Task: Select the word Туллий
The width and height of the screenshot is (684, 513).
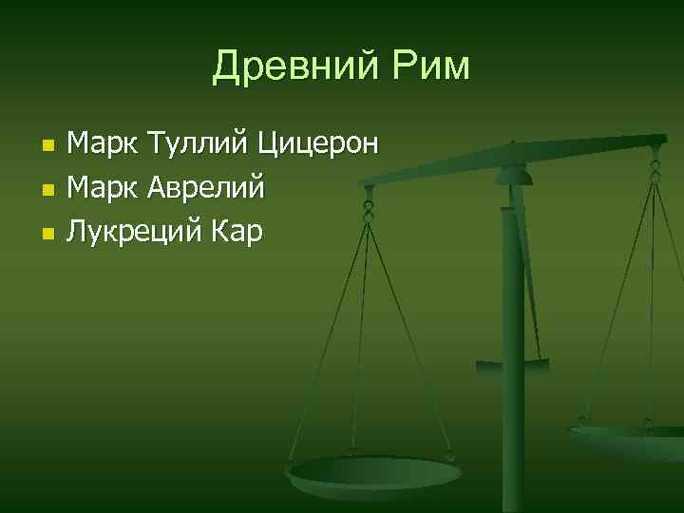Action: [x=195, y=145]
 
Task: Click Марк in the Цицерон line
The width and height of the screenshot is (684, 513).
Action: [x=104, y=145]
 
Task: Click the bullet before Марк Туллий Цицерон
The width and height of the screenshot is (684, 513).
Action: [x=48, y=147]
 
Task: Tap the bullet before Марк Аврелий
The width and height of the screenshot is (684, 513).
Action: [x=48, y=190]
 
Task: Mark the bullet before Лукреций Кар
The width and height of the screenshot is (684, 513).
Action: [x=48, y=233]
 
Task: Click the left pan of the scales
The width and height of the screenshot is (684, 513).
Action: [x=374, y=472]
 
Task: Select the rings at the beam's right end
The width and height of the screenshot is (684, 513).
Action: [x=655, y=167]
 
